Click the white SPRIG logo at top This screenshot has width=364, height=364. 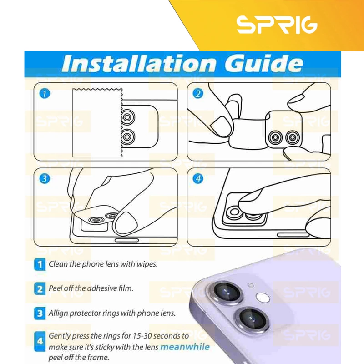pyautogui.click(x=277, y=25)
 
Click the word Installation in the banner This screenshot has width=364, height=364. pyautogui.click(x=139, y=63)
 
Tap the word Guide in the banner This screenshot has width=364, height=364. pyautogui.click(x=264, y=63)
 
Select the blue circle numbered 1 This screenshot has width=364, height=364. pyautogui.click(x=45, y=94)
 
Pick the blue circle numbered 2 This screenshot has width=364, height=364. pyautogui.click(x=198, y=94)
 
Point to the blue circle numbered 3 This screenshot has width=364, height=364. pyautogui.click(x=45, y=179)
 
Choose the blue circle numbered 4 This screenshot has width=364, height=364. pyautogui.click(x=198, y=179)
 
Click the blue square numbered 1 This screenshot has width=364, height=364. pyautogui.click(x=40, y=264)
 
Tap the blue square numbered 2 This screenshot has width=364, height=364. pyautogui.click(x=40, y=289)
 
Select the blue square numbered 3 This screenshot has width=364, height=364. pyautogui.click(x=40, y=313)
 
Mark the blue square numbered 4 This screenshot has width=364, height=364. pyautogui.click(x=40, y=342)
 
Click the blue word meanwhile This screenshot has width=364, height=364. pyautogui.click(x=185, y=347)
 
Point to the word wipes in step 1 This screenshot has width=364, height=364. pyautogui.click(x=147, y=264)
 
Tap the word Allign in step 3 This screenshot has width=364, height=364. pyautogui.click(x=58, y=313)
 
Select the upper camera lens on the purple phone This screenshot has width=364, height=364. pyautogui.click(x=227, y=291)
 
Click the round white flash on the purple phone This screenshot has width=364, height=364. pyautogui.click(x=263, y=298)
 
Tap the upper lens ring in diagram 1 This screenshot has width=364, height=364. pyautogui.click(x=127, y=117)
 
